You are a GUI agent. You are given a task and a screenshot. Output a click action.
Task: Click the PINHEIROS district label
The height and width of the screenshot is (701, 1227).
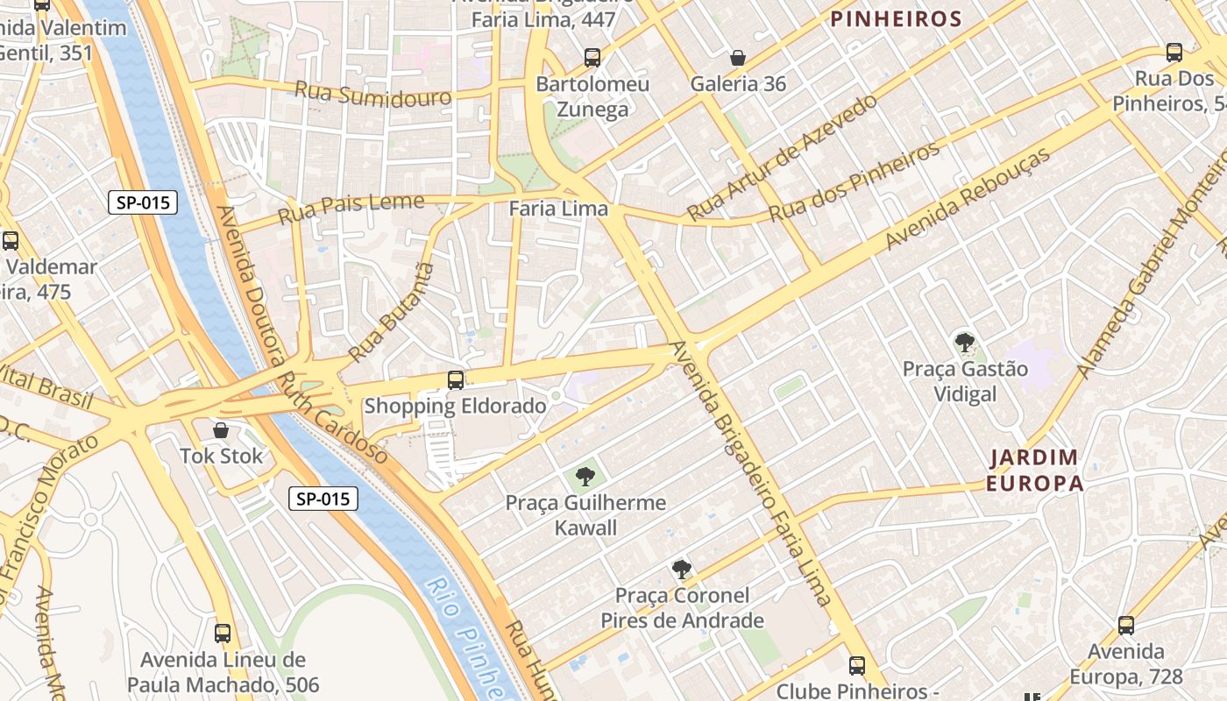[896, 18]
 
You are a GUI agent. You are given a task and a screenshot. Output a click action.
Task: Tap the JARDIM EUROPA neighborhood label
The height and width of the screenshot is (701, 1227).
[1034, 470]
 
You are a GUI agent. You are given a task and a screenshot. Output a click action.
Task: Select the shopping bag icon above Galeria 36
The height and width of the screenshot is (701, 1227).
[738, 58]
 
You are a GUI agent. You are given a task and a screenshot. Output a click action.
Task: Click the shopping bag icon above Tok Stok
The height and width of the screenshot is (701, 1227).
[221, 430]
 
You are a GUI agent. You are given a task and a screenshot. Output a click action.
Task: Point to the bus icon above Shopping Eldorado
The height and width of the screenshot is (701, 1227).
[456, 379]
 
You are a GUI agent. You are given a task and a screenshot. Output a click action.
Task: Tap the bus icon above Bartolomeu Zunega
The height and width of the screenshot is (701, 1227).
[592, 58]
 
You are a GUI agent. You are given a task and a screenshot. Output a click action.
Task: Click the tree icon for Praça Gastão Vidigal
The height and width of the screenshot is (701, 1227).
[965, 342]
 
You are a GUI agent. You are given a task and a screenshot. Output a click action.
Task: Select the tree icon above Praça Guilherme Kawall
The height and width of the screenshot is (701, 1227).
[585, 477]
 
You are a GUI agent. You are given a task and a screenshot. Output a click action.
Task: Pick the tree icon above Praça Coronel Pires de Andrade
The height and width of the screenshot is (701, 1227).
[681, 570]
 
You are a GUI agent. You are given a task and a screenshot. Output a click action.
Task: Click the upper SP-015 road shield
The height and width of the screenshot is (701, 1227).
[143, 203]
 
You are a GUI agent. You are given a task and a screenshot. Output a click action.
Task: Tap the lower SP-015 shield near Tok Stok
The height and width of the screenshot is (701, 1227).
[323, 499]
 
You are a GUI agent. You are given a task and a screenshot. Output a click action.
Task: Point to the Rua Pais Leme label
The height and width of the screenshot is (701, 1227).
[351, 208]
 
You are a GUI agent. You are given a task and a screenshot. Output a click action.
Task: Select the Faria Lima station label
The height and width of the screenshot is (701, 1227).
[558, 209]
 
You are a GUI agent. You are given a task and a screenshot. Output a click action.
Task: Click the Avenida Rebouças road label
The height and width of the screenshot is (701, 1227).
[968, 198]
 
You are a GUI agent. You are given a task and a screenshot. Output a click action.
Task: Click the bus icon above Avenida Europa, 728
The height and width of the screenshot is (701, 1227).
[1126, 626]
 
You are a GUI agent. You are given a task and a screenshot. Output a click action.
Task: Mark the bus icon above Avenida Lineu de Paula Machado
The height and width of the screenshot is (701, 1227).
[223, 633]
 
